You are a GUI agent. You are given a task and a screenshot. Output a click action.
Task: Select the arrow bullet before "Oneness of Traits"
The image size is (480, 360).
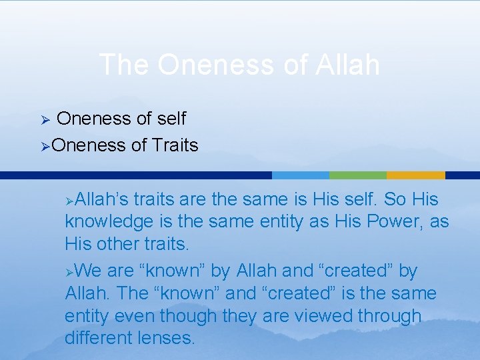tap(45, 145)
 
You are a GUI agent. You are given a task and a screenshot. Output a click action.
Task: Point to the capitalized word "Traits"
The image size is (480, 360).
tap(174, 145)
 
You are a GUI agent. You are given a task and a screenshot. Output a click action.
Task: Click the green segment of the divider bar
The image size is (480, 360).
tap(358, 175)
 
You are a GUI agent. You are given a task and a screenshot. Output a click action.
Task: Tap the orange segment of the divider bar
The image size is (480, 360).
tap(415, 175)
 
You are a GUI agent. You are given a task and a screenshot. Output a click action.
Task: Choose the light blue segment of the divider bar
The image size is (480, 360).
tap(301, 175)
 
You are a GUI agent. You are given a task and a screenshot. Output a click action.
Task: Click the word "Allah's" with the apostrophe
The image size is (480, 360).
tap(104, 199)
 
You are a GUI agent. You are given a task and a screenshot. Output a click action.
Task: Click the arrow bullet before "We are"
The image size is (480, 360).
tap(70, 271)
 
